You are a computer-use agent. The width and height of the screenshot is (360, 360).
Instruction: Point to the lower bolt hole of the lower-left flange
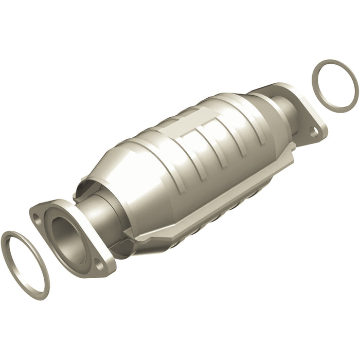tap(97, 265)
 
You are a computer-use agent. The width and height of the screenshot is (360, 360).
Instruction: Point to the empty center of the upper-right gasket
tap(335, 84)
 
